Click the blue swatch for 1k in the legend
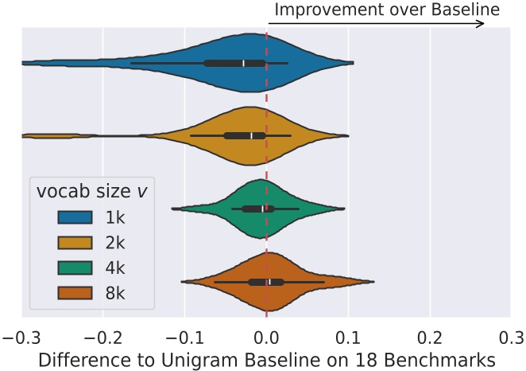[78, 217]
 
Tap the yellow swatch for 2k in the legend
[78, 243]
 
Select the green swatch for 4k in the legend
[78, 269]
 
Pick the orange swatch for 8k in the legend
[78, 295]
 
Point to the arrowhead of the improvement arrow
[481, 24]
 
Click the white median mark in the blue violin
[244, 63]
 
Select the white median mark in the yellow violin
[251, 135]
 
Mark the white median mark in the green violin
[262, 209]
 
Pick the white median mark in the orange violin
[269, 282]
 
